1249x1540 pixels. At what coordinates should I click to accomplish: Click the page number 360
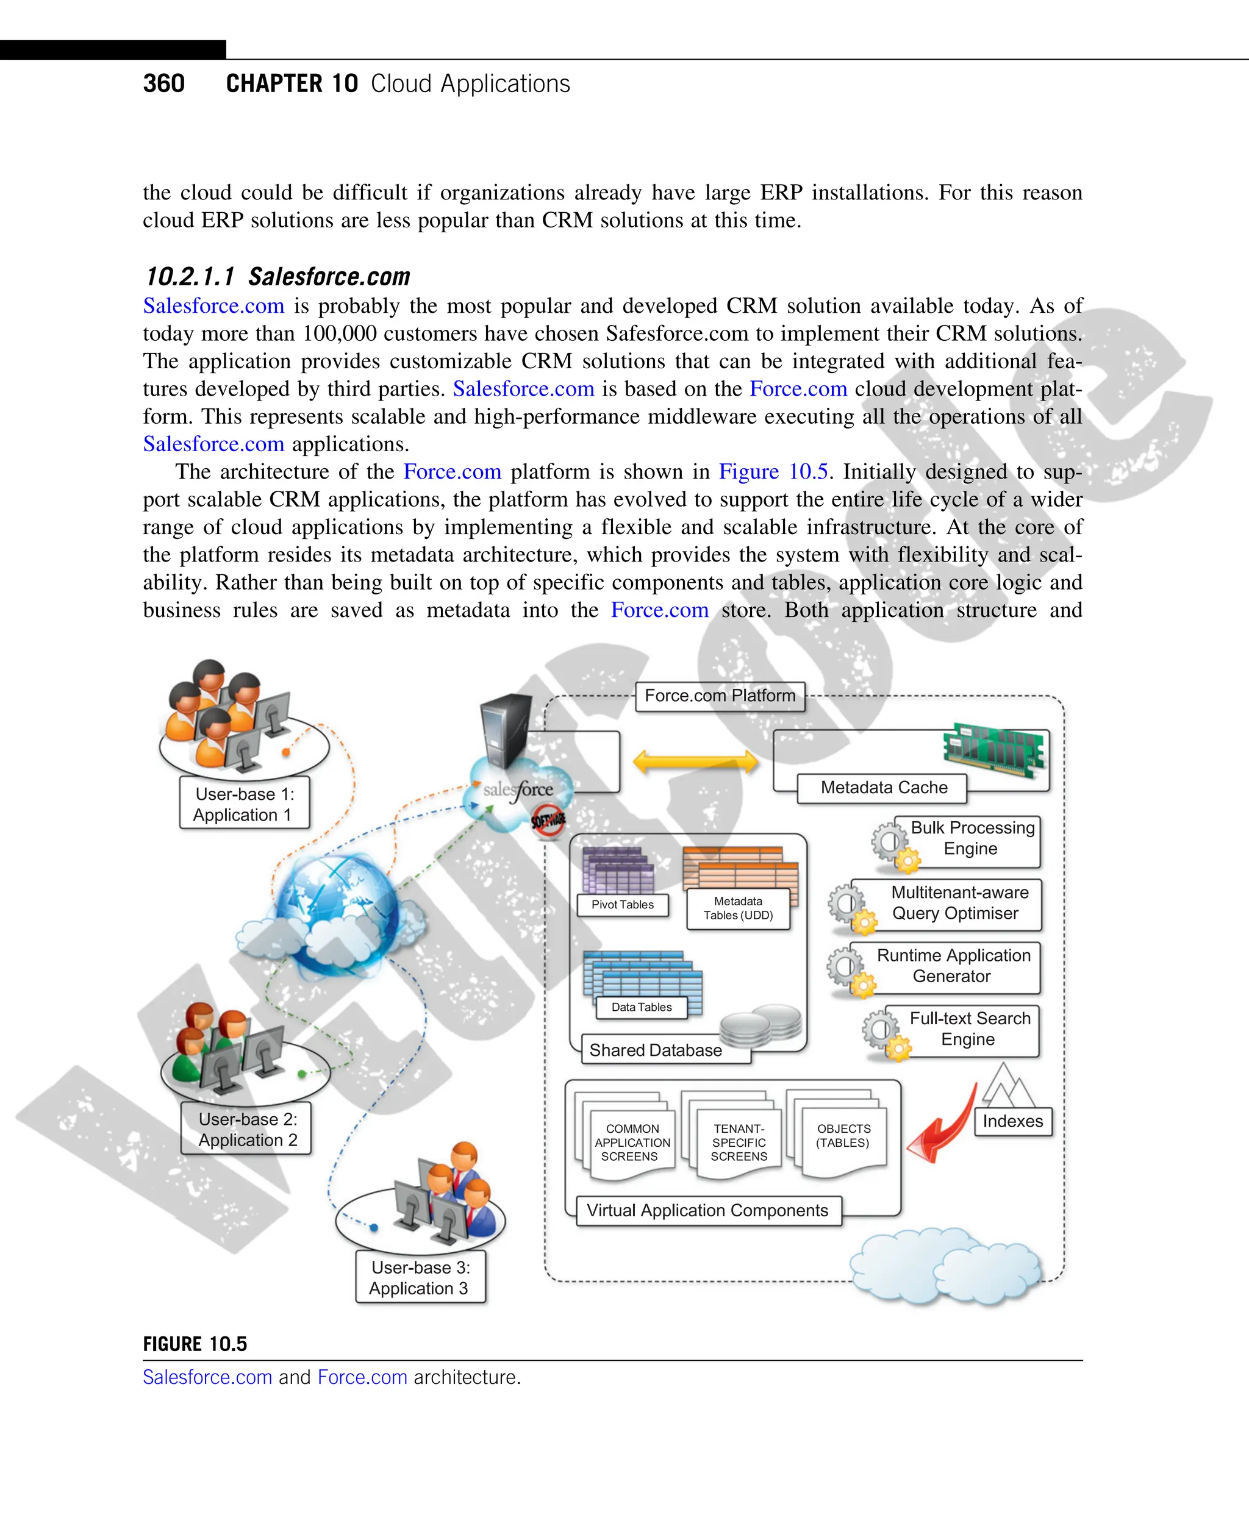(x=163, y=84)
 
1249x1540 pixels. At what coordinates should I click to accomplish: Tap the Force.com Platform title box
(x=720, y=696)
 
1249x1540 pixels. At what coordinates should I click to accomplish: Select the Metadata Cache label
(x=884, y=788)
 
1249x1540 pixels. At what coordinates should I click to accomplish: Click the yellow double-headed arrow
(x=695, y=761)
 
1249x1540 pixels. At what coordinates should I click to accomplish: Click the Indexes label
(x=1012, y=1121)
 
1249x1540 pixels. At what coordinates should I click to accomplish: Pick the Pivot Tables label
(x=622, y=905)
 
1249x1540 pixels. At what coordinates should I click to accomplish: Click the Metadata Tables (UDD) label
(x=738, y=908)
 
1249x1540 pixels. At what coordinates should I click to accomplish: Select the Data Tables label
(x=641, y=1007)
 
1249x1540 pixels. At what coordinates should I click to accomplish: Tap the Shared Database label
(x=656, y=1050)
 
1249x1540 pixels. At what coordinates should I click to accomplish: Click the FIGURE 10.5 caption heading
(x=195, y=1344)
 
